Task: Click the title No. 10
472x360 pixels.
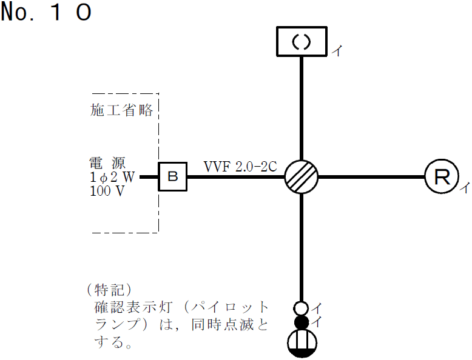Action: tap(46, 13)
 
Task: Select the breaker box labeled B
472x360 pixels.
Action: tap(173, 177)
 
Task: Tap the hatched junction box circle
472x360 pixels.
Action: tap(302, 177)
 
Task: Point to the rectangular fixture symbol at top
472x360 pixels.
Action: tap(302, 41)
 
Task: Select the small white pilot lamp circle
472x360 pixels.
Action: tap(302, 308)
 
